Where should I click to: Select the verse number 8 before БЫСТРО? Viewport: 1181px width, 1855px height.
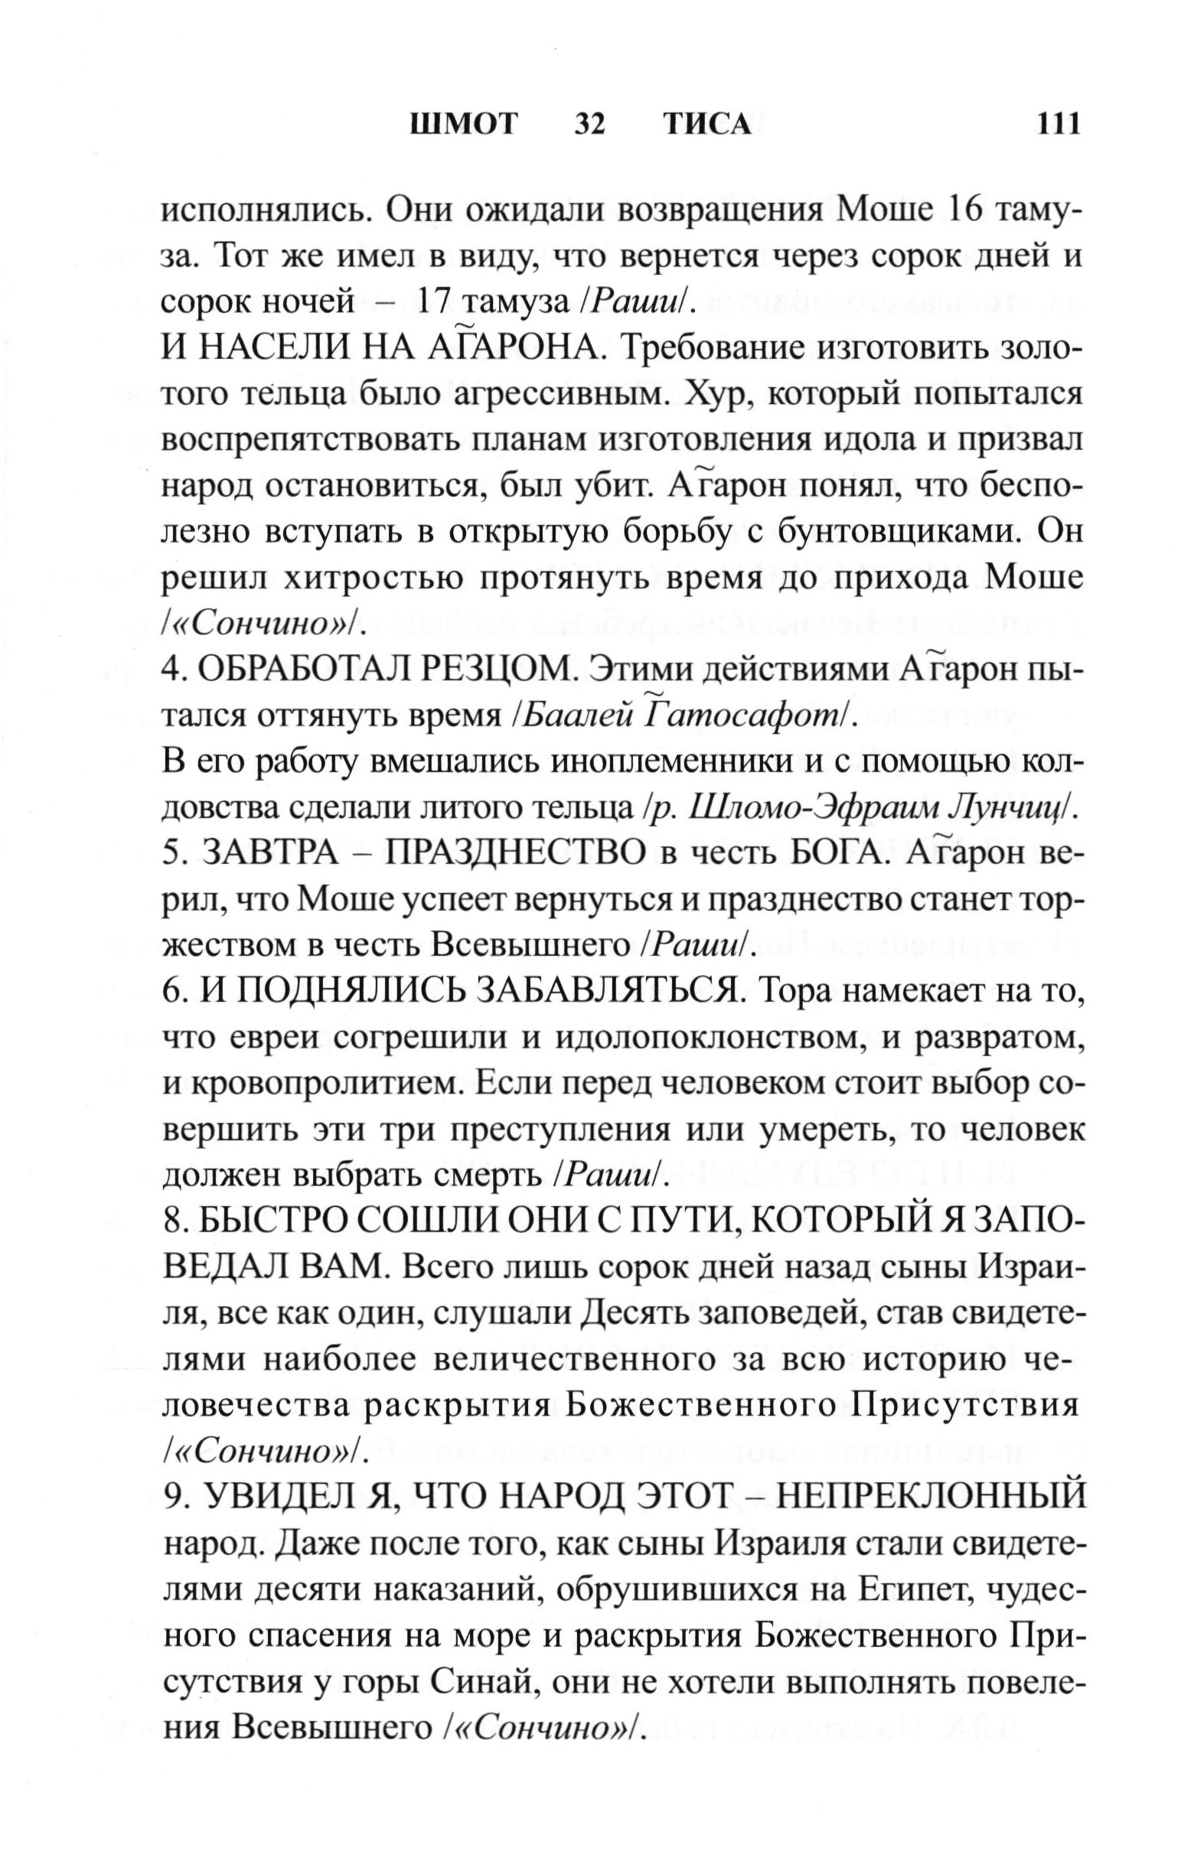(171, 1222)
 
